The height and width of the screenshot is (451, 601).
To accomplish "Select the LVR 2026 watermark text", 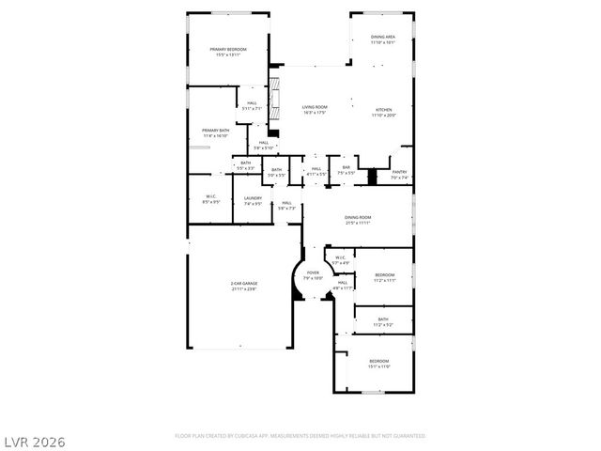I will pyautogui.click(x=33, y=441).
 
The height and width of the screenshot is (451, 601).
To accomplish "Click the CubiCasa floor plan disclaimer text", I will pyautogui.click(x=300, y=436).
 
